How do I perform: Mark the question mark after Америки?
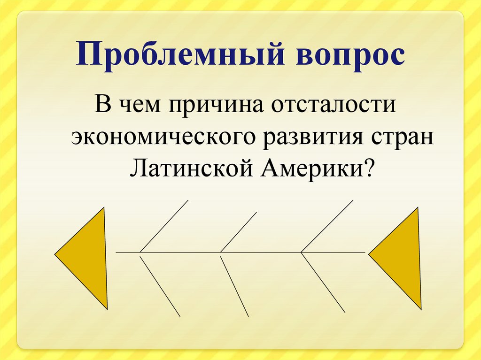coord(371,168)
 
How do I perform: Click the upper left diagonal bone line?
coord(164,226)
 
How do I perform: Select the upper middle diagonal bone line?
coord(239,232)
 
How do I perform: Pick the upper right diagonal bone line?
coord(327,226)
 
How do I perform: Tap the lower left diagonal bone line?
coord(160,284)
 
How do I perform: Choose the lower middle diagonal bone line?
coord(234,284)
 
